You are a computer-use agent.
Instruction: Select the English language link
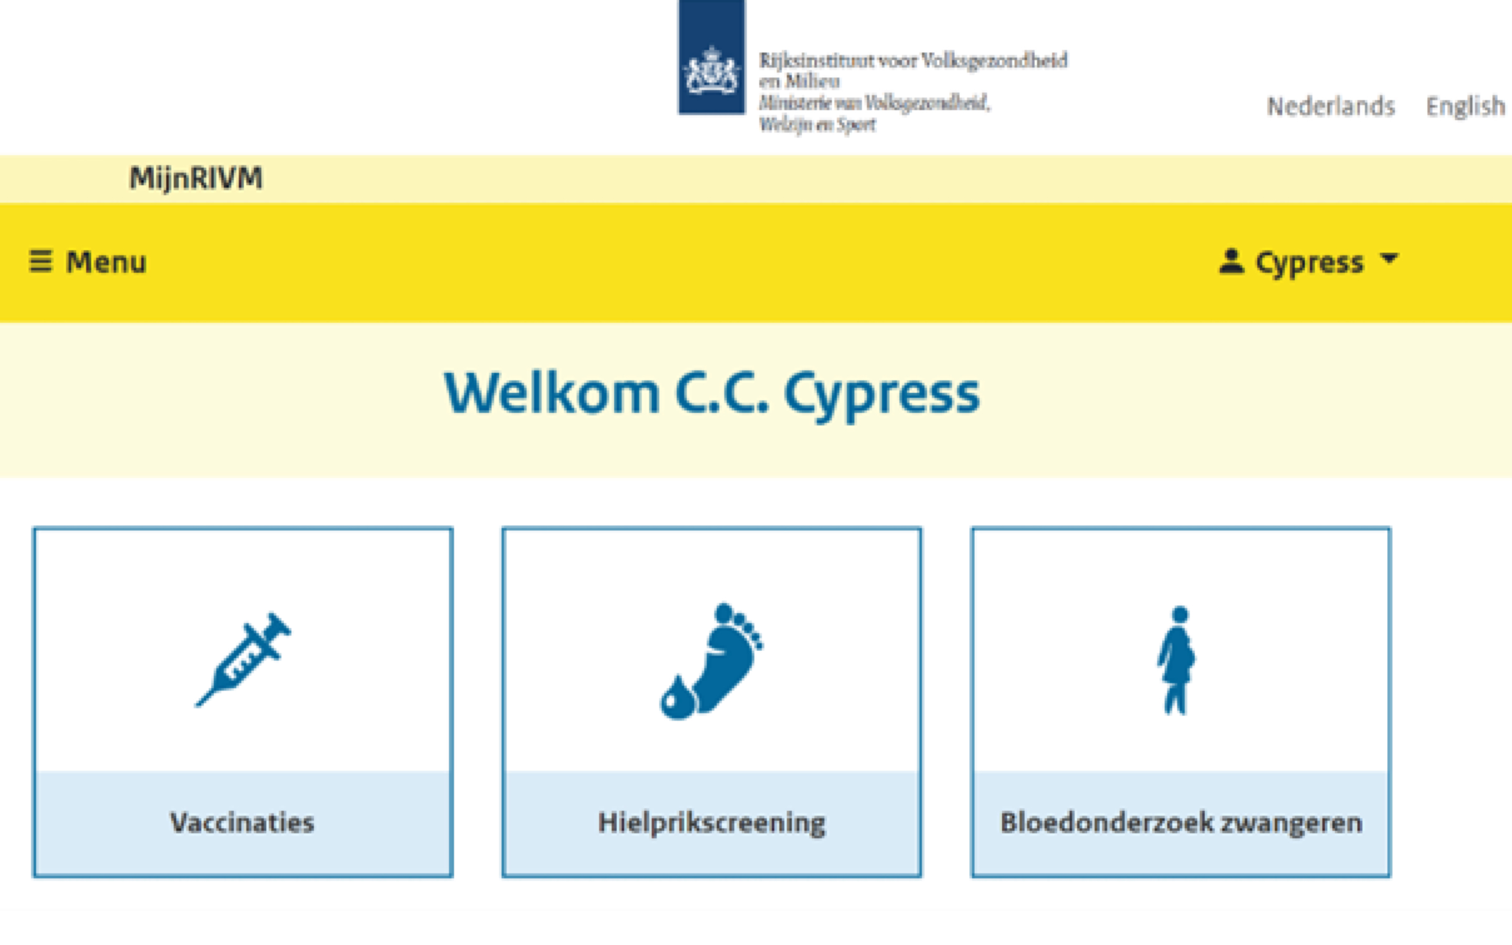[x=1465, y=107]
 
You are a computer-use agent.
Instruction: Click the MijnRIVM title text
[x=195, y=178]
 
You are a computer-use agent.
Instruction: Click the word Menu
[x=106, y=262]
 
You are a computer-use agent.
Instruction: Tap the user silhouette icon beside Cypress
[x=1232, y=261]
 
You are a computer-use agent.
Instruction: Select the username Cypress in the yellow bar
[x=1309, y=263]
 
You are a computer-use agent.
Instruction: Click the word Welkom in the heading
[x=551, y=393]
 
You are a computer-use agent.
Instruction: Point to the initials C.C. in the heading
[x=722, y=393]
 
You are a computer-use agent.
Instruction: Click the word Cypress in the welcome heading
[x=881, y=396]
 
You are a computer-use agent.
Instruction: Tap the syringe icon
[x=243, y=659]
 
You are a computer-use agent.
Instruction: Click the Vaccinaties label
[x=243, y=823]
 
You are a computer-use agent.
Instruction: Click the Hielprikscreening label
[x=712, y=823]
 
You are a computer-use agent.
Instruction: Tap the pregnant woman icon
[x=1177, y=660]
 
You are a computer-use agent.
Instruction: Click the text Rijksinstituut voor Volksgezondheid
[x=913, y=60]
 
